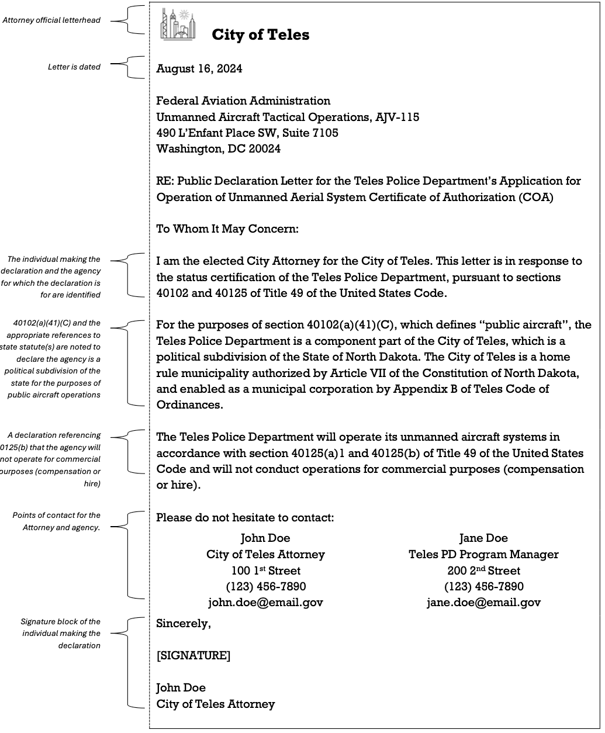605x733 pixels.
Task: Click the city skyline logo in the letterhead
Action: pyautogui.click(x=178, y=25)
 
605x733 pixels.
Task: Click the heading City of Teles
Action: pyautogui.click(x=260, y=34)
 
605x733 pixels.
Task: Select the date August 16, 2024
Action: pyautogui.click(x=199, y=69)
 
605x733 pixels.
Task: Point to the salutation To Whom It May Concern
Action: pyautogui.click(x=227, y=229)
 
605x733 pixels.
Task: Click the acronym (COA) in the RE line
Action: pyautogui.click(x=535, y=197)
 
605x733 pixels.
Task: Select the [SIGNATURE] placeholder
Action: pyautogui.click(x=193, y=656)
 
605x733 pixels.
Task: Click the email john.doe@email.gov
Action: pyautogui.click(x=265, y=602)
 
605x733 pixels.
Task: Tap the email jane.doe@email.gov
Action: pyautogui.click(x=483, y=602)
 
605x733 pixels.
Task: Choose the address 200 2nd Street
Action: pyautogui.click(x=483, y=570)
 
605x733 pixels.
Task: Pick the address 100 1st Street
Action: pyautogui.click(x=265, y=570)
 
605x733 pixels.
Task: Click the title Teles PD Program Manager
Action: pyautogui.click(x=483, y=554)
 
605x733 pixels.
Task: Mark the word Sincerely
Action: pyautogui.click(x=183, y=624)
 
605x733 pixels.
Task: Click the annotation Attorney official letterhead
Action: pyautogui.click(x=51, y=20)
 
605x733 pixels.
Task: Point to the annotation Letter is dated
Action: pyautogui.click(x=74, y=67)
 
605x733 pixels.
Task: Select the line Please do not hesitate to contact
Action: pyautogui.click(x=245, y=517)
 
